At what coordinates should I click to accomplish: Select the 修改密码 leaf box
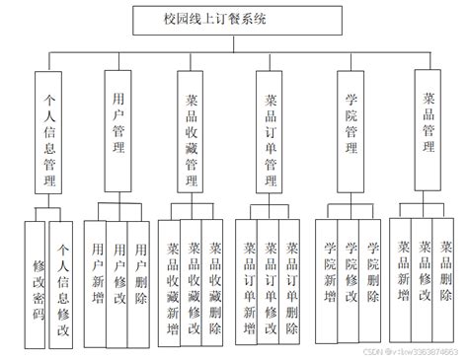tap(39, 285)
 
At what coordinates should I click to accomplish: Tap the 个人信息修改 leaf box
tap(63, 285)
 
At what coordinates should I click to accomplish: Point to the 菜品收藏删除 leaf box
tap(215, 286)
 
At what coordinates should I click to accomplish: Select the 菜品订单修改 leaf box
tap(269, 280)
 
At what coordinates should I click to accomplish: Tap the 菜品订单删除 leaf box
tap(290, 280)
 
